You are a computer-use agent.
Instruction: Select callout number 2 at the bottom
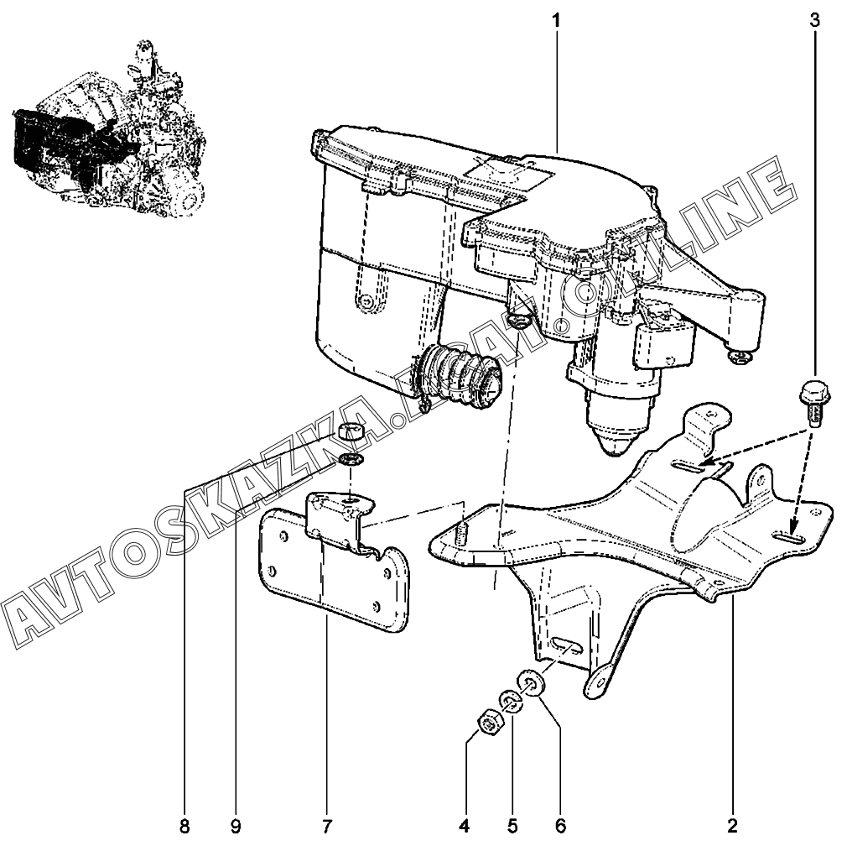pos(731,827)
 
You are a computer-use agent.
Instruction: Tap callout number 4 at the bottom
pos(464,827)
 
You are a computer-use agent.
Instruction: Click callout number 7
pos(326,827)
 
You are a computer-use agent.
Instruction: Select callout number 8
pos(184,827)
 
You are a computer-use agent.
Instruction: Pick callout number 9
pos(236,827)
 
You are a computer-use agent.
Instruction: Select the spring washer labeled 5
pos(510,702)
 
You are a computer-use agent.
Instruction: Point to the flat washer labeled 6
pos(532,682)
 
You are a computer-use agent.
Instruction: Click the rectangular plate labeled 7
pos(335,579)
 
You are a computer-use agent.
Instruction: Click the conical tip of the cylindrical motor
pos(619,436)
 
